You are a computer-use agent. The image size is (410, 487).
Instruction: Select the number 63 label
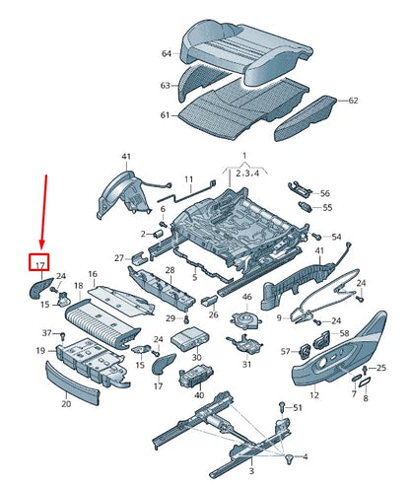point(167,87)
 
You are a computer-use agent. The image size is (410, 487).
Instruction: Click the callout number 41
point(125,158)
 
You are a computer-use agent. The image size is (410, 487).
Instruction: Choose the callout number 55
point(328,208)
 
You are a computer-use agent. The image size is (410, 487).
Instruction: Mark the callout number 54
point(336,238)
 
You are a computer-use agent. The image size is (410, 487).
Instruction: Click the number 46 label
point(247,297)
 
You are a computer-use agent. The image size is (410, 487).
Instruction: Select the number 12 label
point(315,395)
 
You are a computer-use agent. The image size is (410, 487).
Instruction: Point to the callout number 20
point(67,403)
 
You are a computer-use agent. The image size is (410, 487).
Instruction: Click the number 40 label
point(199,395)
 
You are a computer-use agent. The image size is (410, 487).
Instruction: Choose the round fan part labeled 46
point(245,321)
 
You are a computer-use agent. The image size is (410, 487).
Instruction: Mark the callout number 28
point(170,270)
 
